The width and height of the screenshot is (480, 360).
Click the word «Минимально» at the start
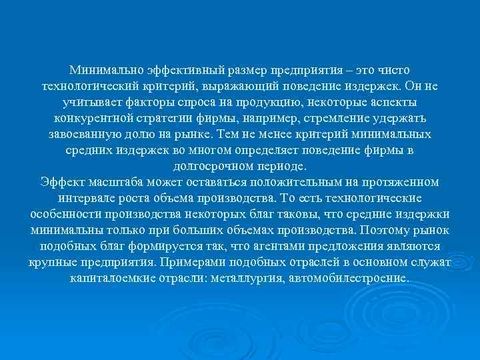[x=105, y=70]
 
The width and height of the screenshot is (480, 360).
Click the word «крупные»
[x=53, y=263]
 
